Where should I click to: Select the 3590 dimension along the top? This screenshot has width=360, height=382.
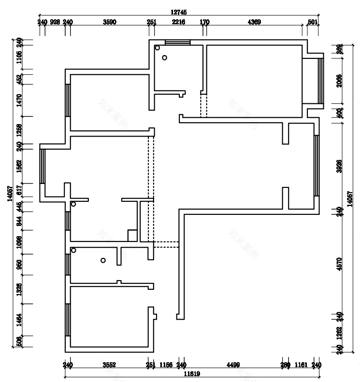(x=110, y=22)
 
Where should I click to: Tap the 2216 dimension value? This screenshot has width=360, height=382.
(x=178, y=22)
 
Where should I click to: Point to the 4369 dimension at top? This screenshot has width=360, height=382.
(x=254, y=22)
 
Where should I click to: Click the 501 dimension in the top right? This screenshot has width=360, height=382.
(x=313, y=22)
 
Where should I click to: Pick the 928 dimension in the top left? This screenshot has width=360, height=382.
(x=55, y=22)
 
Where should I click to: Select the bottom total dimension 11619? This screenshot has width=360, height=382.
(x=192, y=374)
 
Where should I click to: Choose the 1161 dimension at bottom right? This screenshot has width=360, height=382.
(x=301, y=365)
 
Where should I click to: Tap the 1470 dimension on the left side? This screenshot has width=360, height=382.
(x=19, y=100)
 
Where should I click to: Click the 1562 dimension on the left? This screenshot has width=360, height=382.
(x=19, y=166)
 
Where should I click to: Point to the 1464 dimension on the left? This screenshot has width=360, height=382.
(x=19, y=320)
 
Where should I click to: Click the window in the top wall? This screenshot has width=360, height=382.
(x=178, y=42)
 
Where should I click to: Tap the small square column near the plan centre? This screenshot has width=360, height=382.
(x=132, y=236)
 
